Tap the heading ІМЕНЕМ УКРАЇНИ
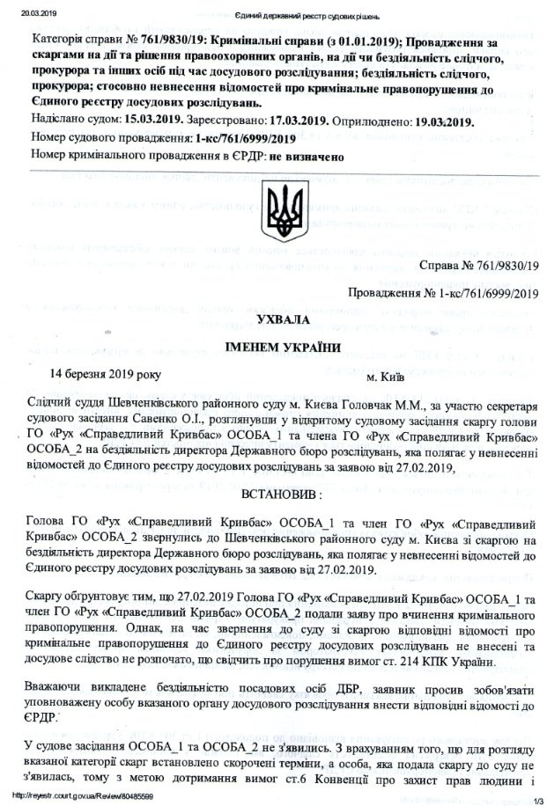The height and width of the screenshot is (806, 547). pos(285,347)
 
